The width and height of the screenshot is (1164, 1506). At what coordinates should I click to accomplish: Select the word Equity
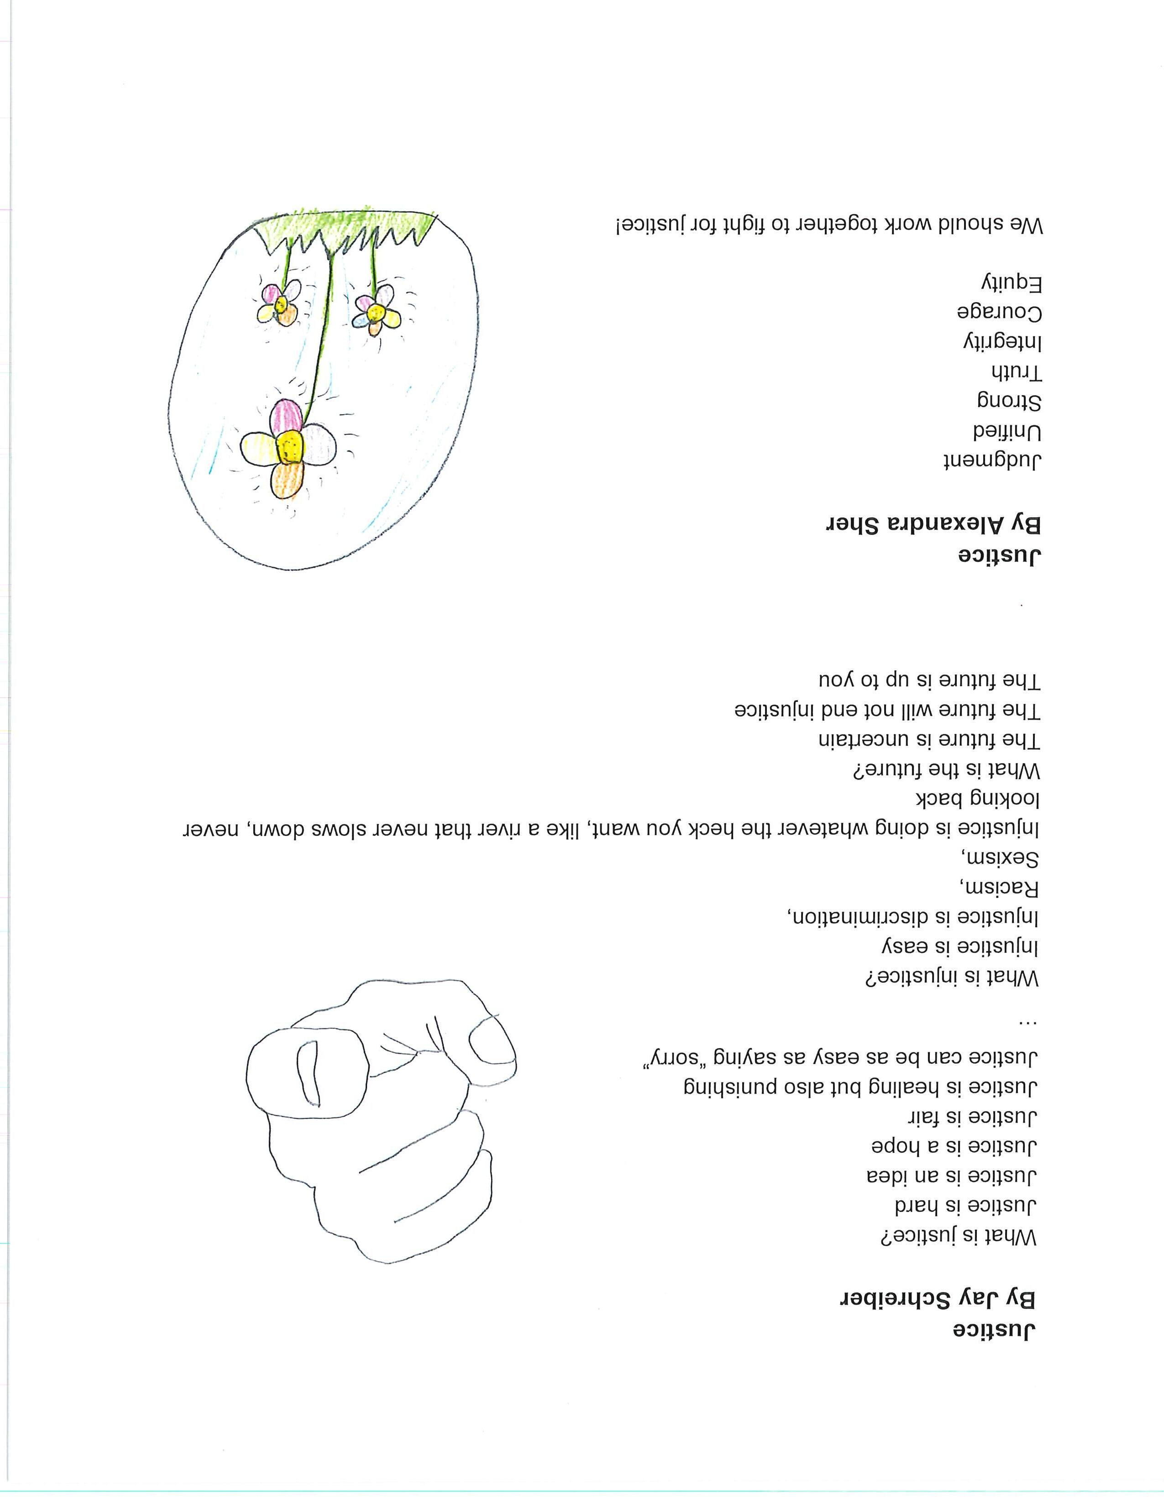coord(1011,283)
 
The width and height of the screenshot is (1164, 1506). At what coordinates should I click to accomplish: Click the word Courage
coord(999,312)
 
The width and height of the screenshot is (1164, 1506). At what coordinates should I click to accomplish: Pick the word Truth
coord(1017,372)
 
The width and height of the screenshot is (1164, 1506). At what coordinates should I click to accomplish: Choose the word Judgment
coord(992,460)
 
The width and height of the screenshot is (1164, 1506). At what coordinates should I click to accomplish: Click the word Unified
coord(1007,432)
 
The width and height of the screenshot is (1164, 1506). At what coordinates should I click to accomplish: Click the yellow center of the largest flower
coord(289,448)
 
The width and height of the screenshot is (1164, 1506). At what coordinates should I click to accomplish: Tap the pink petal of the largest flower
coord(287,417)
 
